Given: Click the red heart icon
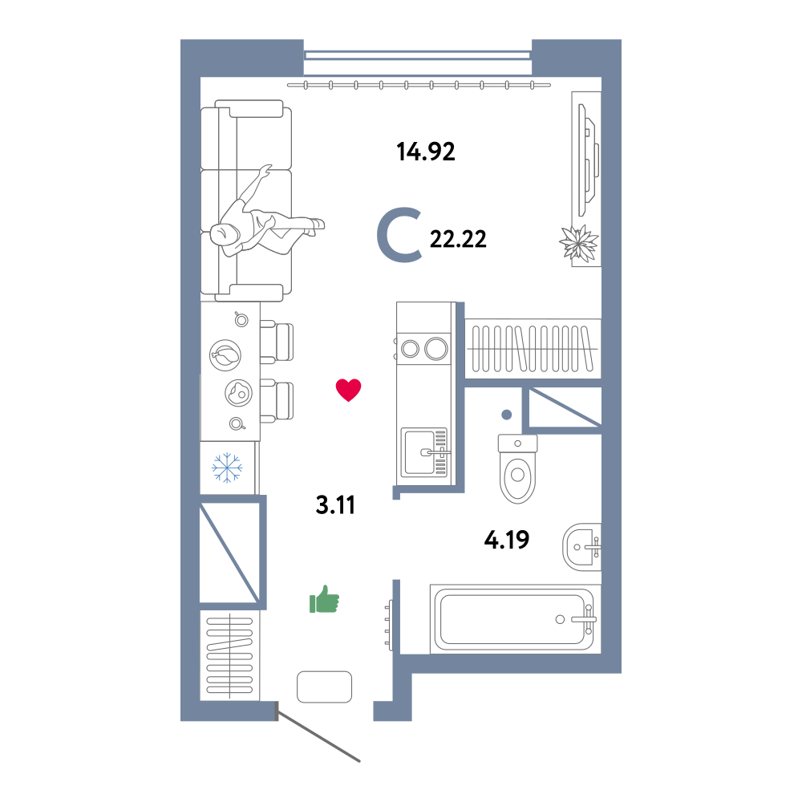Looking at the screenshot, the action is tap(348, 391).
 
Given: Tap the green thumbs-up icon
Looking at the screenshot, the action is tap(324, 599).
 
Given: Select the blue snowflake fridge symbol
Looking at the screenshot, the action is tap(227, 468).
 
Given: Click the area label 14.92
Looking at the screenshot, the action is tap(426, 152).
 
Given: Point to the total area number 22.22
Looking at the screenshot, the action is tap(458, 239).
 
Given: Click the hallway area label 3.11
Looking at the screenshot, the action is tap(335, 504).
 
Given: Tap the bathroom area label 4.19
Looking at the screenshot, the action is tap(506, 540).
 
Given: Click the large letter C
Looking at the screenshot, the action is tap(399, 235).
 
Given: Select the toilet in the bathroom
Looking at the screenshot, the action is tap(517, 468).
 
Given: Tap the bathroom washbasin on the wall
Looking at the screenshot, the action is tap(581, 547).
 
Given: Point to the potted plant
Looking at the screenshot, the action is tap(579, 243).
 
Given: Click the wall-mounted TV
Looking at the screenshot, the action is tap(588, 160).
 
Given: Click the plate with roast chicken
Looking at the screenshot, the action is tap(225, 355).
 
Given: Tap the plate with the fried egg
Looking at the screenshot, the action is tap(238, 393).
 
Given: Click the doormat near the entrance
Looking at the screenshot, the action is tap(324, 687).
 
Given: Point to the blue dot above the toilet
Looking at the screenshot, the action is tap(506, 415).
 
